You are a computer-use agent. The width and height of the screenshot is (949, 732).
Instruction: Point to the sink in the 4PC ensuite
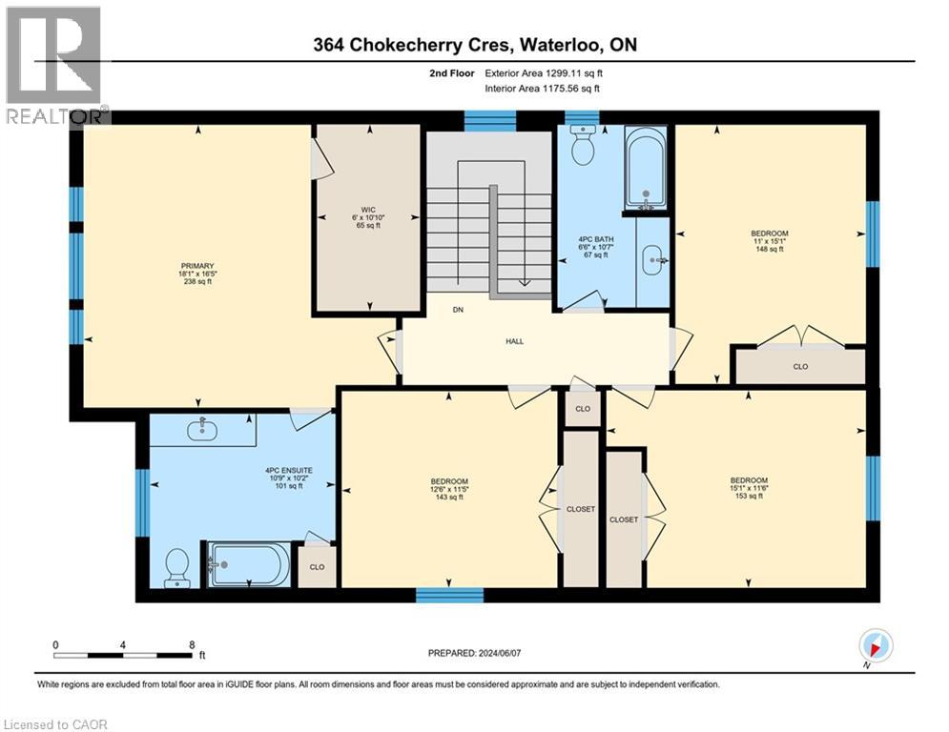tap(202, 431)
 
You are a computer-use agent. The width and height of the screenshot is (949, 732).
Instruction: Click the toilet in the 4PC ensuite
tap(176, 566)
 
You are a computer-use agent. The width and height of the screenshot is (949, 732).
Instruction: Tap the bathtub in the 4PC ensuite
tap(248, 565)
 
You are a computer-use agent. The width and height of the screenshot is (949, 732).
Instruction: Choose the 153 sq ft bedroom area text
tap(748, 497)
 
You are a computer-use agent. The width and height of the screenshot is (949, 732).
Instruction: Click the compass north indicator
tap(876, 645)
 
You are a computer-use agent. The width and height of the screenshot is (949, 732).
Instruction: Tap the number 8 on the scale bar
tap(192, 644)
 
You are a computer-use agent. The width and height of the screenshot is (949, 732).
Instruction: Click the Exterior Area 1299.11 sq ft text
tap(543, 72)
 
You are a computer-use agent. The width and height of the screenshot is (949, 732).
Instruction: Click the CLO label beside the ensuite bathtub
tap(317, 566)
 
